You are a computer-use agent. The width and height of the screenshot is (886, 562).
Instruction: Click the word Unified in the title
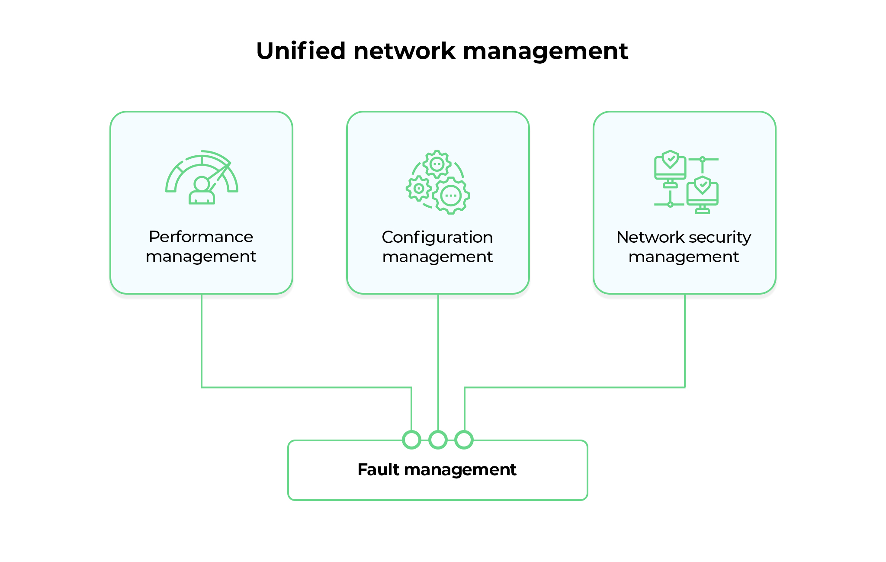[301, 51]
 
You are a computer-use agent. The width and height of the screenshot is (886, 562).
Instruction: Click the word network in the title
[404, 51]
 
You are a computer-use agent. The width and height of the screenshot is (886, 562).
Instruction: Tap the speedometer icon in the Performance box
[202, 177]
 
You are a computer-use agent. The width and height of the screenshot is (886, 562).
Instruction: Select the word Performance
[201, 237]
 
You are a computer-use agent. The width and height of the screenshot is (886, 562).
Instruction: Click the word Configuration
[437, 238]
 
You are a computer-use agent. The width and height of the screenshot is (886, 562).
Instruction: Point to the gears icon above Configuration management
[438, 182]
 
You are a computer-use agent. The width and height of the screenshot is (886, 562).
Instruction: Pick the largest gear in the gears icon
[451, 196]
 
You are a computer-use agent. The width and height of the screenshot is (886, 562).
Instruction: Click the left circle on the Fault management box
[411, 440]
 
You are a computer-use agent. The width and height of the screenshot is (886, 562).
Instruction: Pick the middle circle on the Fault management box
[438, 440]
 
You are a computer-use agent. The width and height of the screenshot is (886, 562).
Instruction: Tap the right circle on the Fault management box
[464, 440]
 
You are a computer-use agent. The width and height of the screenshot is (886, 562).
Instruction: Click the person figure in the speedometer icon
[202, 191]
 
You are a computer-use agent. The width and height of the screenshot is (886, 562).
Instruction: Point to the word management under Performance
[201, 257]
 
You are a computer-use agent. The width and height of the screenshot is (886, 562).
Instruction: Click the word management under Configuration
[437, 257]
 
